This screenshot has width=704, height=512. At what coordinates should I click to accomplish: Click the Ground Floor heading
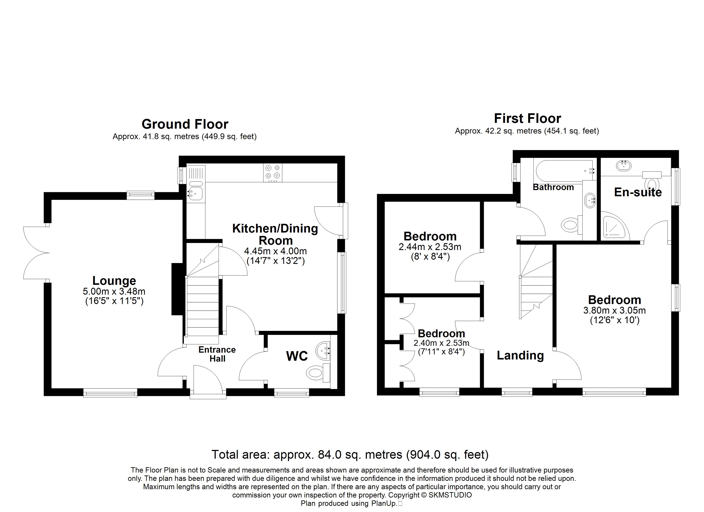(185, 124)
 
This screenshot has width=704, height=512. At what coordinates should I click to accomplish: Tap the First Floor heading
(527, 119)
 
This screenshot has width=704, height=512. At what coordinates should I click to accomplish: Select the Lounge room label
(114, 281)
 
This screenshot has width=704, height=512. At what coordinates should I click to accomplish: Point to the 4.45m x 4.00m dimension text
(275, 251)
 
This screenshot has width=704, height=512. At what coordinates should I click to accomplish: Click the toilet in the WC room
(318, 372)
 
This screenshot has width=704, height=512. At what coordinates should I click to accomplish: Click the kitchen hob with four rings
(273, 173)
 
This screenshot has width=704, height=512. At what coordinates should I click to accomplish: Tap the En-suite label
(638, 192)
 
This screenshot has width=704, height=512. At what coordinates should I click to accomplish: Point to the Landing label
(520, 355)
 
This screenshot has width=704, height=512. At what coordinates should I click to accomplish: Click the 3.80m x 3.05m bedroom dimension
(615, 310)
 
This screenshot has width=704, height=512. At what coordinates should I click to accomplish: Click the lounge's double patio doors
(36, 253)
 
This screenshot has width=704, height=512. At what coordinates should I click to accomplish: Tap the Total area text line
(350, 455)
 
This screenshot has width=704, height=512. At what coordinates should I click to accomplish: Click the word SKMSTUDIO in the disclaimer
(450, 495)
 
